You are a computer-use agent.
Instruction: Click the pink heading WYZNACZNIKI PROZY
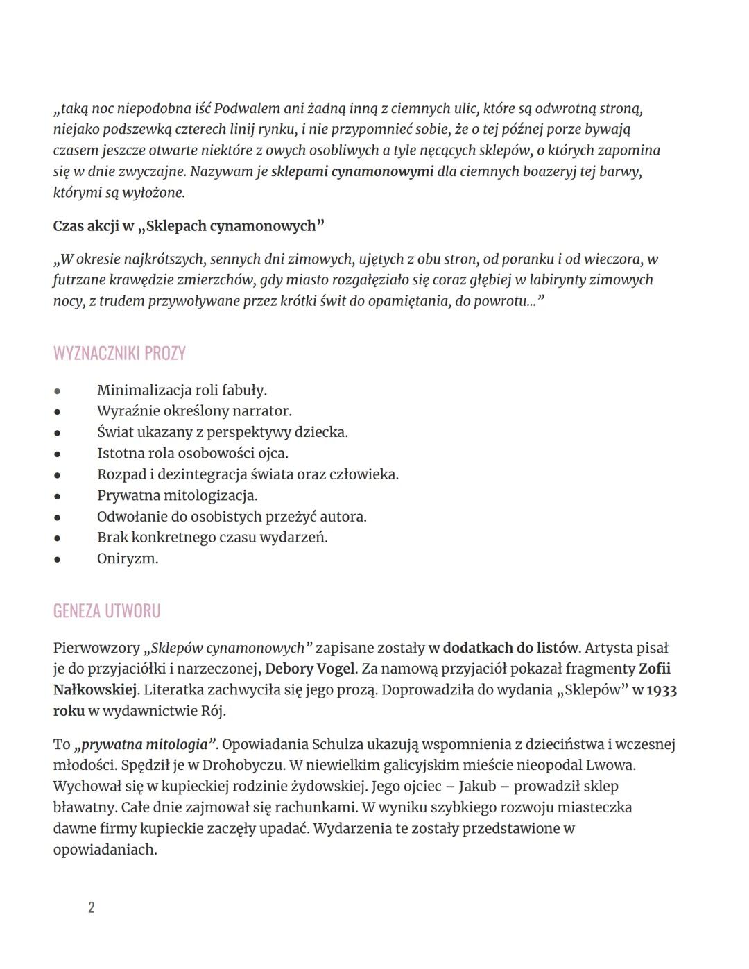(119, 354)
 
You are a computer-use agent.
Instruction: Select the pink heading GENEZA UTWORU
(107, 611)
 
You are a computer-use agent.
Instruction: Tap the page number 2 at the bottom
(91, 907)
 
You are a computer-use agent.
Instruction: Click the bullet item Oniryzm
(128, 558)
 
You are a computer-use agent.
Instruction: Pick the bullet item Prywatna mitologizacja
(177, 496)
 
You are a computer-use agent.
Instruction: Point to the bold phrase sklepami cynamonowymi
(352, 171)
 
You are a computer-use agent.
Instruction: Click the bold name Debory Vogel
(309, 669)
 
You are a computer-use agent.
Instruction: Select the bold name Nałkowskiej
(95, 690)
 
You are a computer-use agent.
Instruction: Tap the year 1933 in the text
(661, 690)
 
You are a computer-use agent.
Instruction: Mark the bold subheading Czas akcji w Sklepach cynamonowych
(189, 226)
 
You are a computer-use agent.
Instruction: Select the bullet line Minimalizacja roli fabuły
(182, 391)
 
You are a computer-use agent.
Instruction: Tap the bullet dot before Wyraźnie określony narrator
(57, 412)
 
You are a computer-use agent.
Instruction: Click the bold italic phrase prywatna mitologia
(145, 745)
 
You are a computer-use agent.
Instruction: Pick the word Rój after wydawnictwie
(212, 711)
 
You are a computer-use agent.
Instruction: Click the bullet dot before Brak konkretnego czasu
(57, 538)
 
